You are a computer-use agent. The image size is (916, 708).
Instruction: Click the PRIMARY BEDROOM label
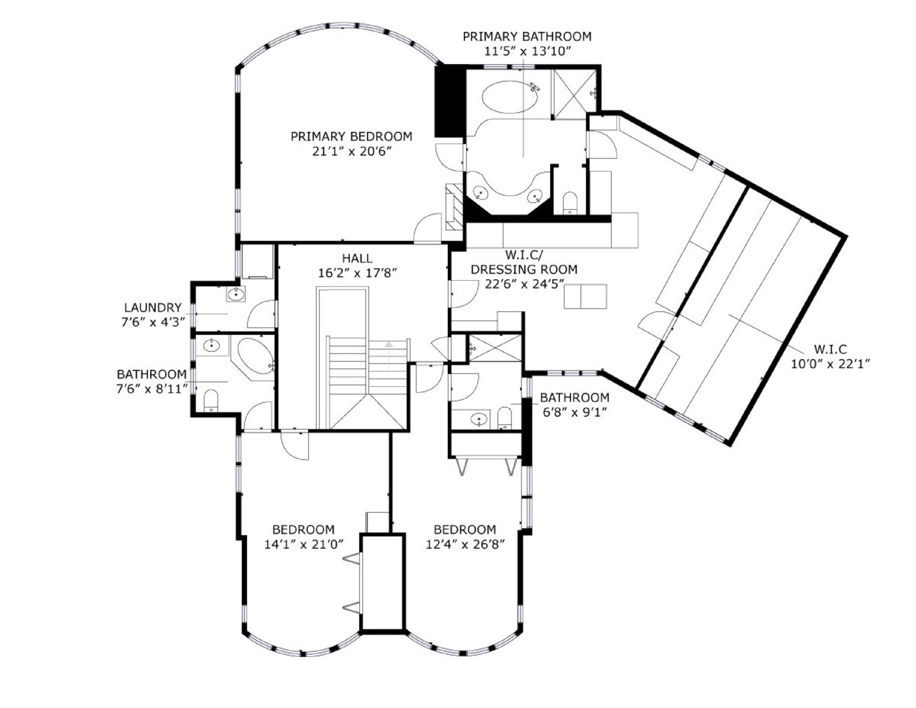point(351,137)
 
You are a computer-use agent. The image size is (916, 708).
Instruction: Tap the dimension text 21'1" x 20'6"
point(352,152)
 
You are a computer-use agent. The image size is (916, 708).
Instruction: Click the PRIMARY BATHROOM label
point(527,37)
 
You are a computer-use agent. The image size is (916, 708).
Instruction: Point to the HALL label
point(357,258)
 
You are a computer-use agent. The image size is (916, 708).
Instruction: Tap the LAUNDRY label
point(153,308)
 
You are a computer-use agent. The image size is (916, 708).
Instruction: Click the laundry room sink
point(236,294)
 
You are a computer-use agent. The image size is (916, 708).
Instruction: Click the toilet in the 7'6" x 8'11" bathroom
point(211,400)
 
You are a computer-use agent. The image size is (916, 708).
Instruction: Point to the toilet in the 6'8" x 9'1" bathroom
point(504,418)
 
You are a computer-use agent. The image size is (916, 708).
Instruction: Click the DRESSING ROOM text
point(524,269)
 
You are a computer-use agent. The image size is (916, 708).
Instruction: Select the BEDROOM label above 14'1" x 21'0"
point(303,530)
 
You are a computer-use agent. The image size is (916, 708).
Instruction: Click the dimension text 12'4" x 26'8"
point(465,545)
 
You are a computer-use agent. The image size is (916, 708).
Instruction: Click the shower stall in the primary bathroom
point(574,94)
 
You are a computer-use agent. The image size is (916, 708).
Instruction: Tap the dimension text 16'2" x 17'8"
point(357,273)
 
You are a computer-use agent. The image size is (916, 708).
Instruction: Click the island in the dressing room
point(585,297)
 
